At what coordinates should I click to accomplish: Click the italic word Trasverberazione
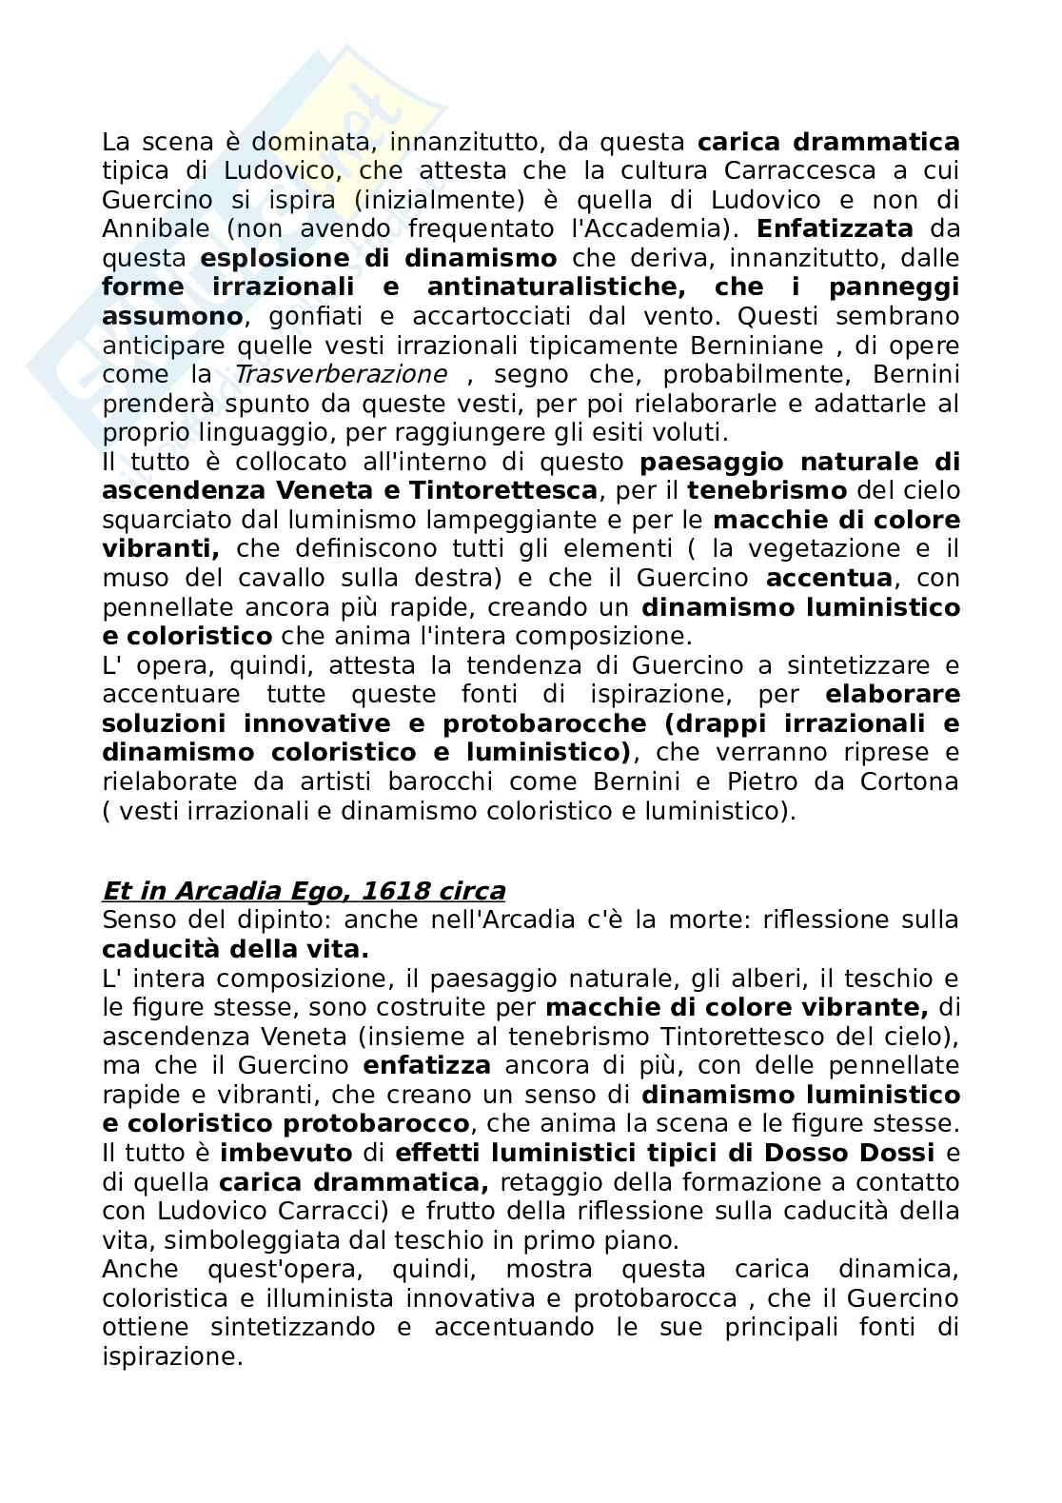(340, 374)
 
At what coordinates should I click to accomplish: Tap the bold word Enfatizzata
(836, 228)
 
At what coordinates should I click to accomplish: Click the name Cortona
(902, 781)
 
